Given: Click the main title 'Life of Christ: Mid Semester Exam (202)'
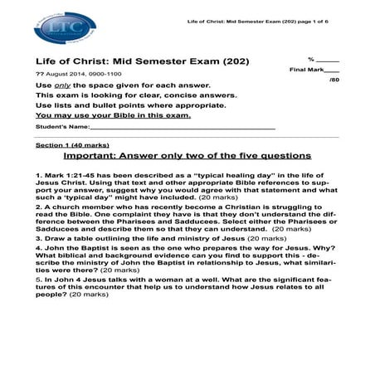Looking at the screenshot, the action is point(141,61).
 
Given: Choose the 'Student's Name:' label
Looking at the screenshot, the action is point(62,127).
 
